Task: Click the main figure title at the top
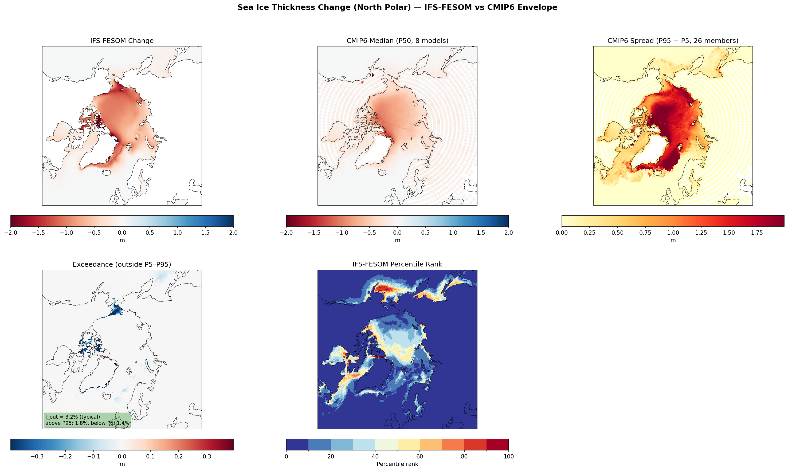pyautogui.click(x=397, y=7)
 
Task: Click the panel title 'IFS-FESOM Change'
pyautogui.click(x=122, y=41)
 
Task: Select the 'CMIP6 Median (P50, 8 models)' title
pyautogui.click(x=397, y=41)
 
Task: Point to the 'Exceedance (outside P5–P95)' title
pyautogui.click(x=122, y=264)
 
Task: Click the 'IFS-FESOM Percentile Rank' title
pyautogui.click(x=397, y=264)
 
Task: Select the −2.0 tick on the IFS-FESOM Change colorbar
pyautogui.click(x=10, y=233)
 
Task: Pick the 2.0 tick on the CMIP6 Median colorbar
pyautogui.click(x=508, y=233)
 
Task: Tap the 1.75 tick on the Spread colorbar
pyautogui.click(x=756, y=233)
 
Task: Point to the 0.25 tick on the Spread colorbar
pyautogui.click(x=589, y=233)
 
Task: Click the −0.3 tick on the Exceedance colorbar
pyautogui.click(x=37, y=456)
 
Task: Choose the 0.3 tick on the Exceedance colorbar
pyautogui.click(x=207, y=456)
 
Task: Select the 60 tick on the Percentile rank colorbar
pyautogui.click(x=420, y=456)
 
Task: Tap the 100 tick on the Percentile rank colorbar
pyautogui.click(x=508, y=456)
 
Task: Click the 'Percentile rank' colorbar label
pyautogui.click(x=397, y=464)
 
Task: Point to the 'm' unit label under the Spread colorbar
pyautogui.click(x=673, y=240)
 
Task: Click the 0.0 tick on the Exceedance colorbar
pyautogui.click(x=122, y=456)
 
